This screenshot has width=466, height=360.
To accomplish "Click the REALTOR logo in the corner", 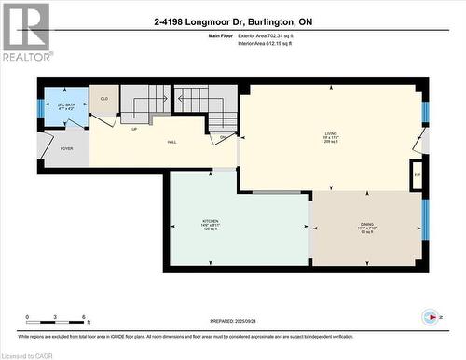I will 26,32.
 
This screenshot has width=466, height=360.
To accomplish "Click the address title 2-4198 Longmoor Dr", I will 232,21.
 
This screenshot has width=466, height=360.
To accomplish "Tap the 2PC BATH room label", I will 66,105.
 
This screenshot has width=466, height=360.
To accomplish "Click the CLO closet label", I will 104,98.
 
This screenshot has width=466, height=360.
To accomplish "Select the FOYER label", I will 66,148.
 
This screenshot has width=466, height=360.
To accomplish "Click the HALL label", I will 172,142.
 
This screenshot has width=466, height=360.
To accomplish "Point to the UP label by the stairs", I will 134,129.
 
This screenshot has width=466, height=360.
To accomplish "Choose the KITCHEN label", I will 211,224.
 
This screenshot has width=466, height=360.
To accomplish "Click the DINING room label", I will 367,226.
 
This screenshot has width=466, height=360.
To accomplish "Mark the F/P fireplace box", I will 416,174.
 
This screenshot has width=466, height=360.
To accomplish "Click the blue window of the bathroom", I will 40,105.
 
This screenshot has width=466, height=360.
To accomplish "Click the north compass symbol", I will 431,316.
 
